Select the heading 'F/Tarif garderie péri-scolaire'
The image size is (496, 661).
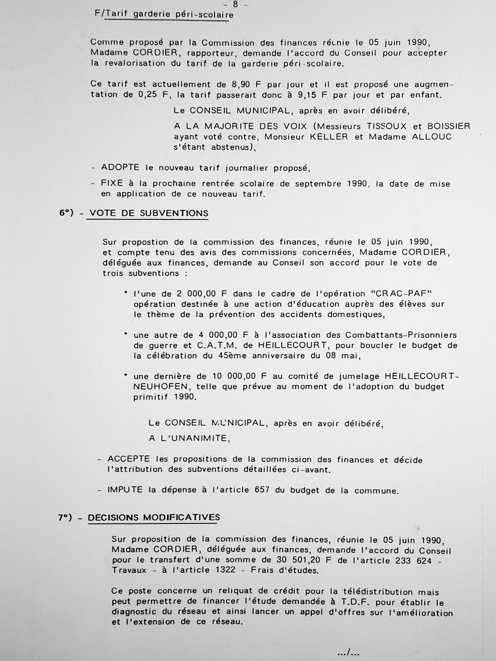click(164, 14)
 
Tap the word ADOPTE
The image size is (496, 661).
click(120, 167)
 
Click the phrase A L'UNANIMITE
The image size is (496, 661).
click(189, 438)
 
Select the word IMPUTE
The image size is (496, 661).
click(125, 490)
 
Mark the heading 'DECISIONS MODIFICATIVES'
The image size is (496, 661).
click(154, 517)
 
